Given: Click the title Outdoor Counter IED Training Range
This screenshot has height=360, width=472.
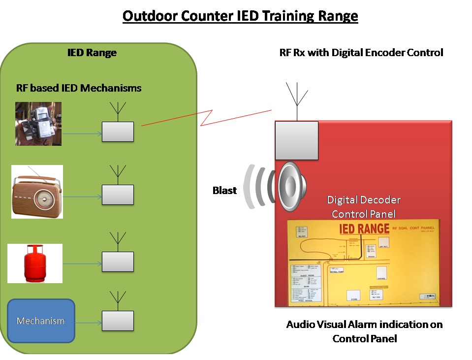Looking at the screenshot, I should (x=240, y=16).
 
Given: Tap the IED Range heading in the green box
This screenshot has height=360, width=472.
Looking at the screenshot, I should (x=92, y=53).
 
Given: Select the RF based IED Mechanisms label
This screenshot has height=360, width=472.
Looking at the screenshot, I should (x=79, y=88).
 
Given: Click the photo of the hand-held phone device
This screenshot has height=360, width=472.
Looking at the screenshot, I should (x=38, y=124).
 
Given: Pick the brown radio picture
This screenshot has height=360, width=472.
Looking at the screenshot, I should (x=37, y=192).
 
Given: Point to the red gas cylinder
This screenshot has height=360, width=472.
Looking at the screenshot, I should (x=35, y=263).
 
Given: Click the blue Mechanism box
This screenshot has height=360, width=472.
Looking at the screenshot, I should (x=41, y=321).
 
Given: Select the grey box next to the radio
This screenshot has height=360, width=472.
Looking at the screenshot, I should (x=118, y=195).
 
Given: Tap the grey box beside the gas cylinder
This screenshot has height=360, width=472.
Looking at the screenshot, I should (x=118, y=262).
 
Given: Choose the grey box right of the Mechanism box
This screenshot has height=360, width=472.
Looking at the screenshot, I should (x=118, y=321).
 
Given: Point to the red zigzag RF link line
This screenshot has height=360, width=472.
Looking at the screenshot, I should (x=207, y=118).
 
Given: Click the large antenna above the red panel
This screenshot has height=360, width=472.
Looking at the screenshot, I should (x=297, y=101).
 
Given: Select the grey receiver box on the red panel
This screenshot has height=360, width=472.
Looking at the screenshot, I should (x=296, y=140).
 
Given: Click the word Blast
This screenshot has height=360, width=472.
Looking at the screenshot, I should (x=224, y=190).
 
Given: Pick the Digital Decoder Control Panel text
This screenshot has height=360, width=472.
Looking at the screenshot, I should (x=364, y=207).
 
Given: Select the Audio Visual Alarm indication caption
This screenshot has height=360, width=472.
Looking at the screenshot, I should (x=364, y=331).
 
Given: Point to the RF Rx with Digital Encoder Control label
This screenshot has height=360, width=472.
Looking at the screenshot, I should (x=361, y=52).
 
